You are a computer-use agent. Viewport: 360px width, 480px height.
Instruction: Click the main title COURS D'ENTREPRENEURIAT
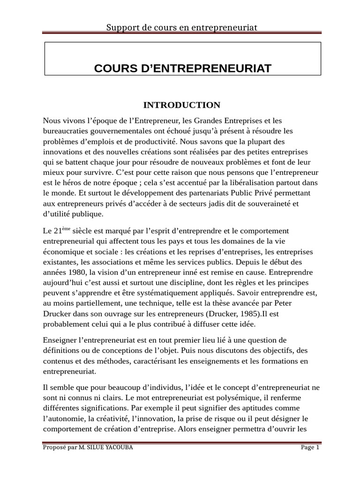[182, 68]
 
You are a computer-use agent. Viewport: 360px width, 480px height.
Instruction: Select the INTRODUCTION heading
[182, 105]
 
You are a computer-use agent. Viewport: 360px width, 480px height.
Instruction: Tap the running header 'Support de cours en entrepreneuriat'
[182, 28]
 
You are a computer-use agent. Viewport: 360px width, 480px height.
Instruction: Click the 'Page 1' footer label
[310, 447]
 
